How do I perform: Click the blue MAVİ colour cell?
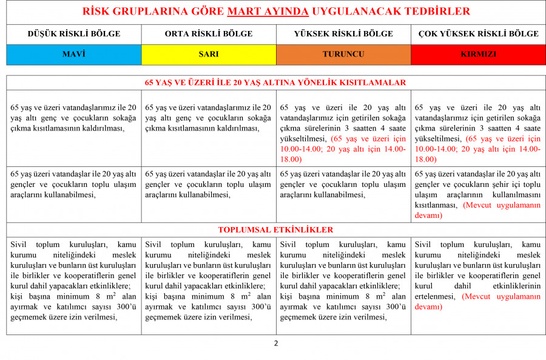point(74,54)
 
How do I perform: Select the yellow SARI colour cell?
point(209,54)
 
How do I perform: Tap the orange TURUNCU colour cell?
point(343,54)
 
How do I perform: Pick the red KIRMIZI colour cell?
point(478,54)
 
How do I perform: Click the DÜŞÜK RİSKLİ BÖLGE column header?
point(74,33)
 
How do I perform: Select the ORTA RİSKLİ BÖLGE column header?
point(209,33)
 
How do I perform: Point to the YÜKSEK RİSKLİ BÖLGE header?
point(343,33)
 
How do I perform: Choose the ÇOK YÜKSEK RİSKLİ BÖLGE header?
point(478,33)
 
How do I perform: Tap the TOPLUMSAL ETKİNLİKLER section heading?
point(276,230)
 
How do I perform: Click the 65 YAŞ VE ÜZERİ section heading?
point(276,82)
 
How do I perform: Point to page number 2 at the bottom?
point(276,343)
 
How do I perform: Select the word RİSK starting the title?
point(96,12)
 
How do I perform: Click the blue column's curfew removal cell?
point(74,118)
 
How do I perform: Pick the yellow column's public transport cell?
point(209,185)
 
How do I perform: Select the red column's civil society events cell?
point(478,275)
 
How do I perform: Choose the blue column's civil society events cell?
point(74,280)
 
